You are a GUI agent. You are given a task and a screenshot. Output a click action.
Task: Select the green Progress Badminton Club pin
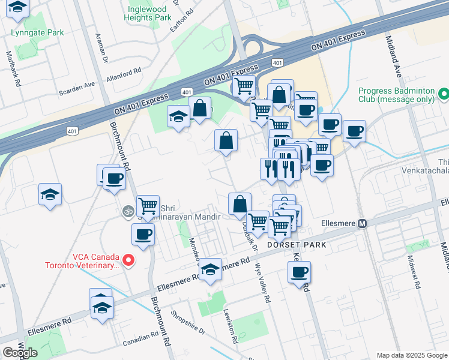click(x=443, y=94)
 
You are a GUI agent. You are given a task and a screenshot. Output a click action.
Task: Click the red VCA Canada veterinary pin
click(x=128, y=260)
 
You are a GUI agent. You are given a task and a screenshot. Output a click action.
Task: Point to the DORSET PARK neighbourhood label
click(x=297, y=245)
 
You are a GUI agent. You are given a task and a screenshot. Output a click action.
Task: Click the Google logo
click(x=20, y=353)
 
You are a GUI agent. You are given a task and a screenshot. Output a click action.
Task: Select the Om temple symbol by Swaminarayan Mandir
click(x=127, y=211)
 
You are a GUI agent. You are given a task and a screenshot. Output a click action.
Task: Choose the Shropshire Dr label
click(x=188, y=322)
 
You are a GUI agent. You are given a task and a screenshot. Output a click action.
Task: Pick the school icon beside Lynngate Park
click(x=20, y=8)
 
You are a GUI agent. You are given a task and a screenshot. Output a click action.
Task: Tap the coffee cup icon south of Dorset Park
click(x=298, y=273)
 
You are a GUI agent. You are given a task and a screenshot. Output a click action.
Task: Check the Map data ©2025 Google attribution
click(x=411, y=355)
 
